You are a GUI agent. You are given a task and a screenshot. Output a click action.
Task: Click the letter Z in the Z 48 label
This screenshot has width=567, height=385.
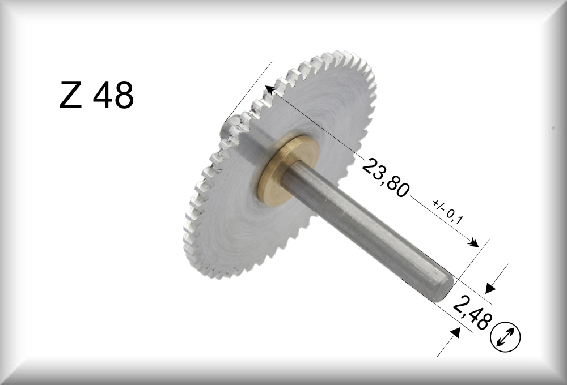tap(70, 95)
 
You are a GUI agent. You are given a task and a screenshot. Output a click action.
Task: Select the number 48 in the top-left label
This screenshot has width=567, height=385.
tap(113, 95)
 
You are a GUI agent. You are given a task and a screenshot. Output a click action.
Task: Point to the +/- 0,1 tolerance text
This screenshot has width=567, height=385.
tap(448, 211)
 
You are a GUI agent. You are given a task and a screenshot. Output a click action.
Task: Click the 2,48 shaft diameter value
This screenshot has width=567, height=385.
tap(472, 311)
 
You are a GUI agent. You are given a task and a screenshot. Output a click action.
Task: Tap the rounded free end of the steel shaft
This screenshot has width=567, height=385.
tap(444, 287)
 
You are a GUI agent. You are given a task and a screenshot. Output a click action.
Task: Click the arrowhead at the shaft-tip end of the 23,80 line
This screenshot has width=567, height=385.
tap(473, 242)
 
